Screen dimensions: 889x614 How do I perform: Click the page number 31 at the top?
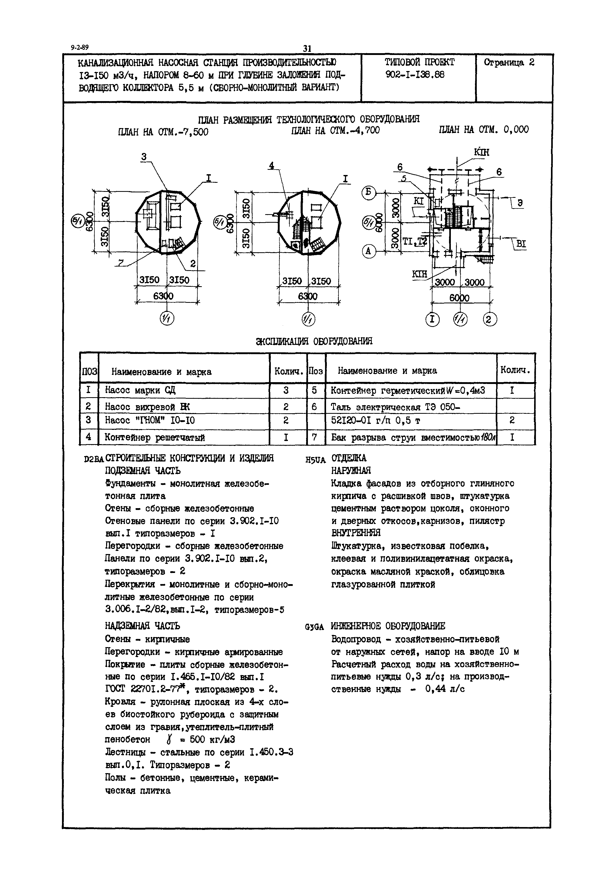point(307,49)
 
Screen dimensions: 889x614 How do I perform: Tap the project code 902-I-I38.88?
point(415,75)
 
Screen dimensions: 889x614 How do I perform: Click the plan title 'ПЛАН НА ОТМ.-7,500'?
point(163,132)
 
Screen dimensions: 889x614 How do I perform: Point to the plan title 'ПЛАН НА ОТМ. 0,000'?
point(484,130)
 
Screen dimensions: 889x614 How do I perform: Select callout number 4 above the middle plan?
point(272,166)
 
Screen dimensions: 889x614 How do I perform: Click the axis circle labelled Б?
point(369,192)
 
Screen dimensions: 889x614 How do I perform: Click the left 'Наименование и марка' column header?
point(161,372)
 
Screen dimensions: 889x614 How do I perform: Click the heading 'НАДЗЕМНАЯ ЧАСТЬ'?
point(142,626)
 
